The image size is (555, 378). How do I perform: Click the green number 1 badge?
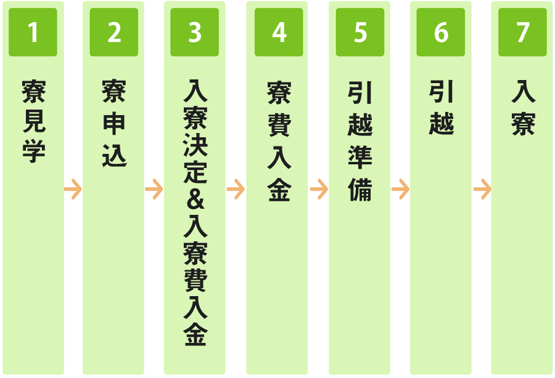click(33, 32)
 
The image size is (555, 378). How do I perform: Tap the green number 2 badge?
click(114, 32)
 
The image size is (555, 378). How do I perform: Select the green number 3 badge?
click(195, 32)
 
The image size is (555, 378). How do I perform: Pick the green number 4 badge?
click(279, 32)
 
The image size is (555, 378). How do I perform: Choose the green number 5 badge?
click(360, 32)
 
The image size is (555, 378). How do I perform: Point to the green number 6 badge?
click(441, 32)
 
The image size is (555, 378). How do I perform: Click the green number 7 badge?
click(522, 32)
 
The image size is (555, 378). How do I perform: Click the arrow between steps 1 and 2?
click(73, 190)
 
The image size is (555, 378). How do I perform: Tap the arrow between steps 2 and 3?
click(154, 190)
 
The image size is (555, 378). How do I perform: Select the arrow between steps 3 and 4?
click(236, 190)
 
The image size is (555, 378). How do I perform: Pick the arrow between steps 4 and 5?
click(319, 190)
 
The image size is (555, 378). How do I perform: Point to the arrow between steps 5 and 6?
click(400, 190)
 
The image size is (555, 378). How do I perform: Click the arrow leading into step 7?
click(482, 190)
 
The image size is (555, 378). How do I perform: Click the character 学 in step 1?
click(34, 151)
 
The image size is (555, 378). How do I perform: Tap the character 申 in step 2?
click(114, 124)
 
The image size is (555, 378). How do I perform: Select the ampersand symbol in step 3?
click(195, 199)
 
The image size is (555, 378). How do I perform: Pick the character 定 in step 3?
click(195, 172)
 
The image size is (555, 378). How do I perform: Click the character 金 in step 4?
click(279, 190)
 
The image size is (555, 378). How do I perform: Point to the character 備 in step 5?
click(360, 190)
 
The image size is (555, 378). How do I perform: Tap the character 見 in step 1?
click(34, 121)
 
